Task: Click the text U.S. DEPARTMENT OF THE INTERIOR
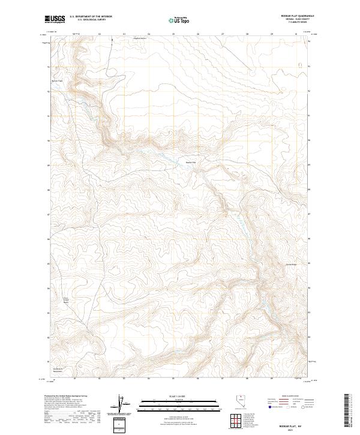coord(91,16)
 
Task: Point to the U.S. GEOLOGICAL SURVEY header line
coord(87,20)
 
